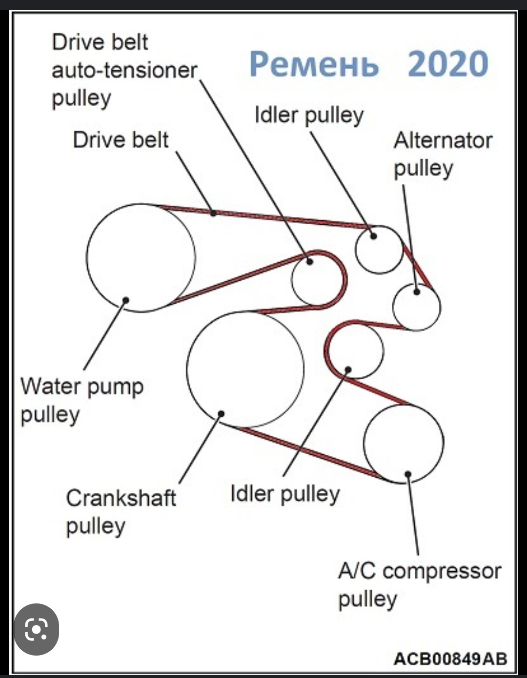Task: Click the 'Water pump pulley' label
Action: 82,401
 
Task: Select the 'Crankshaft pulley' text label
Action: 121,512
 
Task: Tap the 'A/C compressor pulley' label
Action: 420,585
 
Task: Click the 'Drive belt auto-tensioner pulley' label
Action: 124,71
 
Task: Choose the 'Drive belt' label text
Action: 121,140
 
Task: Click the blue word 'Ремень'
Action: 314,64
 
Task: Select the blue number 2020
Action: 448,64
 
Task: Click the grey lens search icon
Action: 36,629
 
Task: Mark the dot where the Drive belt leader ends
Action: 213,213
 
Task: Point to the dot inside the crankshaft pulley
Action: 221,414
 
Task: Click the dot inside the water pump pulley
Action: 126,300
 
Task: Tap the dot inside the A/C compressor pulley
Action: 408,474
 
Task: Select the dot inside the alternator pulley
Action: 417,292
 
